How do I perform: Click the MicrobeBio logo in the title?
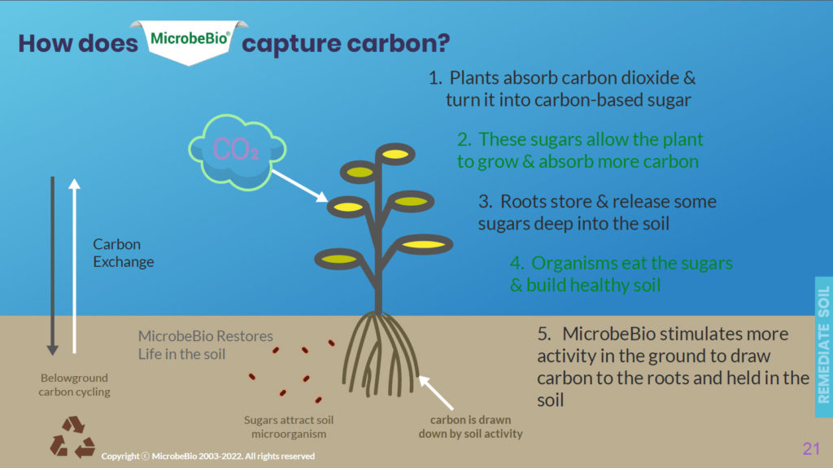[x=189, y=42]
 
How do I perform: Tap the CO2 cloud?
[x=237, y=152]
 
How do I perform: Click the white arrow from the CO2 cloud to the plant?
[x=299, y=186]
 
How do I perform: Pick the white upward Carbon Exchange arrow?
[x=74, y=266]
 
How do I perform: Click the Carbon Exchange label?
[x=124, y=252]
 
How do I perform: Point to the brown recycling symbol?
[x=72, y=437]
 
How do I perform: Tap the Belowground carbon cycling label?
[x=74, y=384]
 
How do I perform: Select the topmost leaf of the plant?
[x=395, y=154]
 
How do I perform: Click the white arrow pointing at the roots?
[x=436, y=392]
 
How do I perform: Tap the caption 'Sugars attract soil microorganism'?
[x=289, y=426]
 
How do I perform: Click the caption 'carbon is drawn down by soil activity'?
[x=470, y=426]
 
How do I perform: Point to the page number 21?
[x=811, y=448]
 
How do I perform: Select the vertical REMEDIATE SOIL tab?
[x=824, y=347]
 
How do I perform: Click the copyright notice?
[x=207, y=456]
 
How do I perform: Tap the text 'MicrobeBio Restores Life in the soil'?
[x=205, y=344]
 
